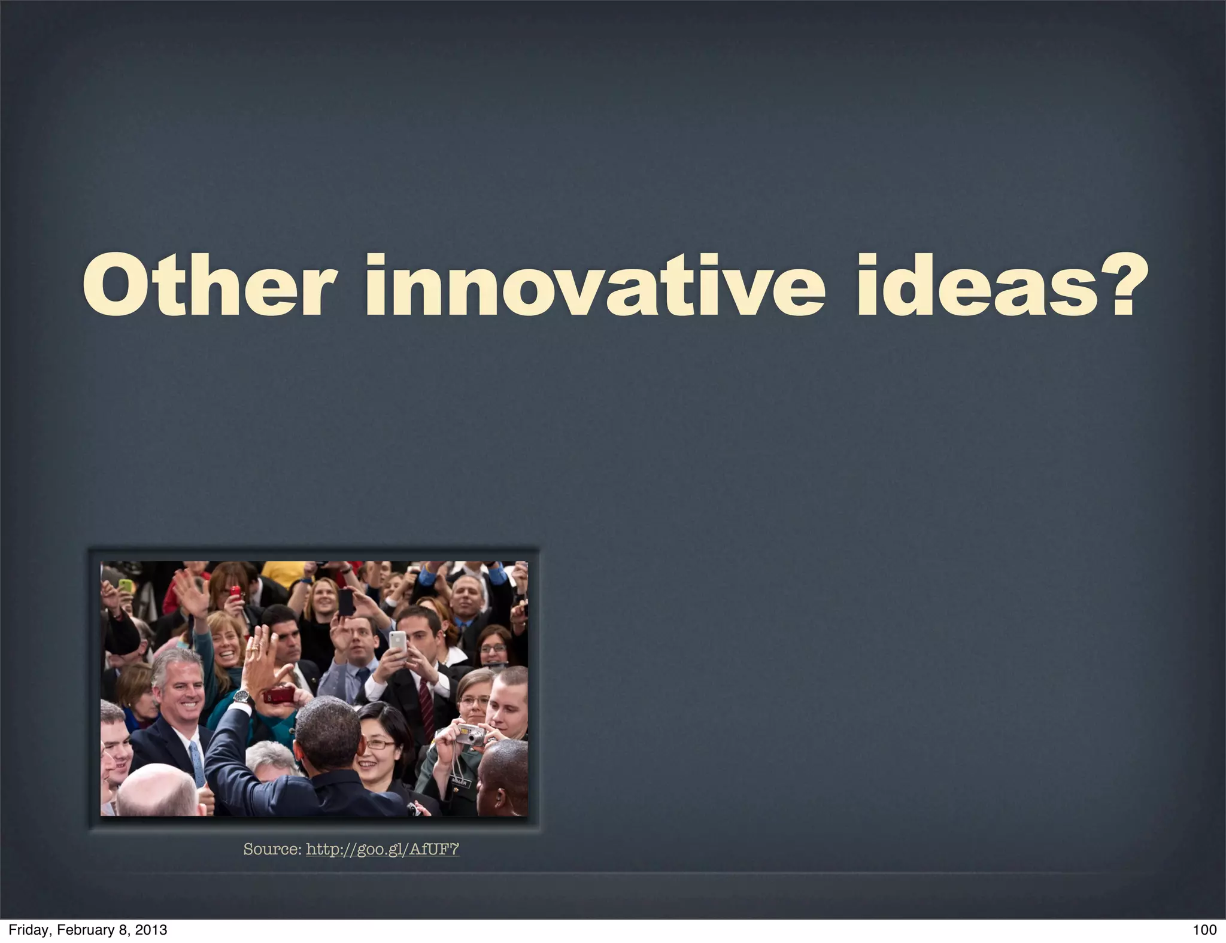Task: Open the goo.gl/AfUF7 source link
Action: (x=383, y=849)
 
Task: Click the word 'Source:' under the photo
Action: (x=272, y=849)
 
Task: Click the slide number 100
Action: (x=1204, y=929)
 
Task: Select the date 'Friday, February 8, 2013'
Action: (x=87, y=929)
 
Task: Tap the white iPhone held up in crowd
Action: (x=397, y=643)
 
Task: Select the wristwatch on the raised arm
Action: (x=241, y=696)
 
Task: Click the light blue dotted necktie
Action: (x=197, y=763)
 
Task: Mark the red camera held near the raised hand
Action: (x=279, y=695)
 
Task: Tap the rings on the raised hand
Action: (x=256, y=647)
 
